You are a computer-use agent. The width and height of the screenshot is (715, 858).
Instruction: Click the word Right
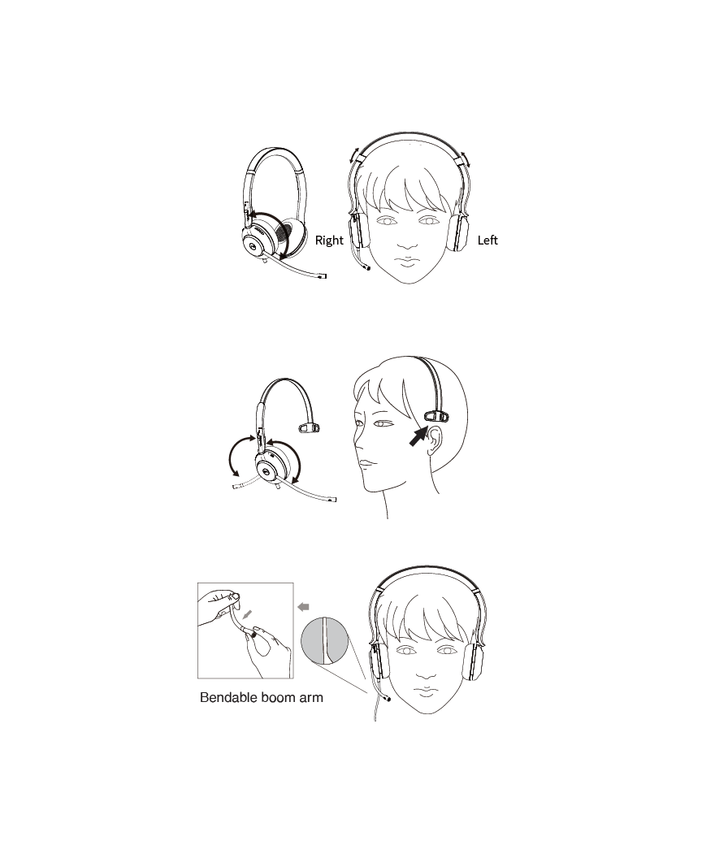[329, 240]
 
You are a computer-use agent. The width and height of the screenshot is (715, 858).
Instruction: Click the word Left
[487, 240]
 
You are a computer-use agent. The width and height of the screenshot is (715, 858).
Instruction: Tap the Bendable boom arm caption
[262, 698]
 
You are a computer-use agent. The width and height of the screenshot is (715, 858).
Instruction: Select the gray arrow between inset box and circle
[303, 607]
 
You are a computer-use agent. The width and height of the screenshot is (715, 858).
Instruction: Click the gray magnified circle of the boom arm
[324, 641]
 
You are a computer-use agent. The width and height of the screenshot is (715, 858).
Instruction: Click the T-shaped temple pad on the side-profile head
[436, 417]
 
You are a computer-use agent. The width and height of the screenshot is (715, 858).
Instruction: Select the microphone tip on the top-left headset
[323, 276]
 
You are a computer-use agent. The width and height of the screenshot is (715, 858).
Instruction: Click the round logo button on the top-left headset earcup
[253, 246]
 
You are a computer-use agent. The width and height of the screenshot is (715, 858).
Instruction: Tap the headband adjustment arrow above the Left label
[465, 158]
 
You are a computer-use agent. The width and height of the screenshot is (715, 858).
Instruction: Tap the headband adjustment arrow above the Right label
[354, 155]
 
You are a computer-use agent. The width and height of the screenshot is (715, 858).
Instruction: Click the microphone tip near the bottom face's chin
[388, 698]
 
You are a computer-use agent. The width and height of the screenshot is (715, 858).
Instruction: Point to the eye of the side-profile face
[382, 423]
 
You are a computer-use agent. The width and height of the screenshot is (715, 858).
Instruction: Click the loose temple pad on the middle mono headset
[309, 427]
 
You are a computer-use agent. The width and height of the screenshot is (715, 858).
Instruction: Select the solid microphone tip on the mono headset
[332, 499]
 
